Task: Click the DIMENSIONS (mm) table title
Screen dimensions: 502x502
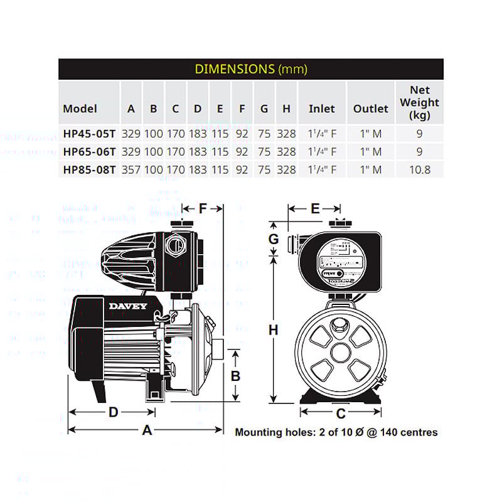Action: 251,69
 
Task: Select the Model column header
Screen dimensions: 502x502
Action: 80,109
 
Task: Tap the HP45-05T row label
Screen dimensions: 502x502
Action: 88,134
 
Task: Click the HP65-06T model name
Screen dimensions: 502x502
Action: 88,151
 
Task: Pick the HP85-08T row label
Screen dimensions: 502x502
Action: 88,169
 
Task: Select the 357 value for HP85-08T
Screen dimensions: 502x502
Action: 131,169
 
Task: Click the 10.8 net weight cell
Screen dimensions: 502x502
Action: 419,169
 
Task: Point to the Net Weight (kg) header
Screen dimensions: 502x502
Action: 419,102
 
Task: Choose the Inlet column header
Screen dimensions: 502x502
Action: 321,109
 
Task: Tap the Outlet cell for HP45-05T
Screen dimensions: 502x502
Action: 370,134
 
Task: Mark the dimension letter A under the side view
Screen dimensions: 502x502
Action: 147,430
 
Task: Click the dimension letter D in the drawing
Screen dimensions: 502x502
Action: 114,412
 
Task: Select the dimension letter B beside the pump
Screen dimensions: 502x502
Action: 236,376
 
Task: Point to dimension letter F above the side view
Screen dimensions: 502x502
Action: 203,208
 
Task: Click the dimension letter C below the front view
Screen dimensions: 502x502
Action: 341,414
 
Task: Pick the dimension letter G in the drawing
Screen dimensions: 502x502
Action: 274,238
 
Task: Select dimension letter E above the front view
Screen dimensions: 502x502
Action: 316,208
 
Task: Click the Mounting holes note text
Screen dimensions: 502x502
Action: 336,432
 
